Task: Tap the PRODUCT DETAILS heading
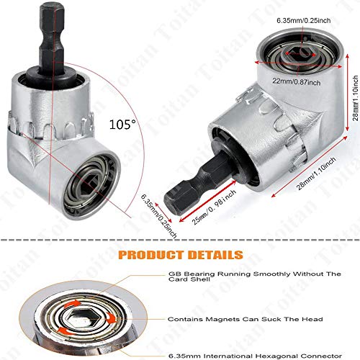pyautogui.click(x=180, y=254)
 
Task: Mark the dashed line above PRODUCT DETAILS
pyautogui.click(x=180, y=241)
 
